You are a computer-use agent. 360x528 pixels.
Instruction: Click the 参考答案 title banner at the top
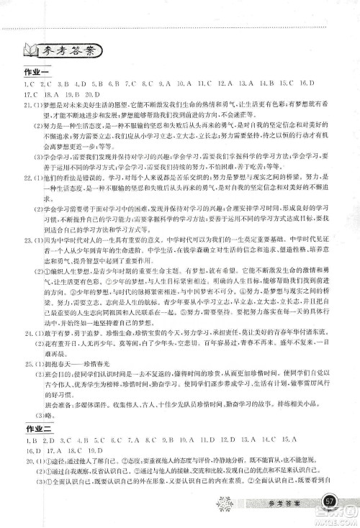(x=71, y=53)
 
